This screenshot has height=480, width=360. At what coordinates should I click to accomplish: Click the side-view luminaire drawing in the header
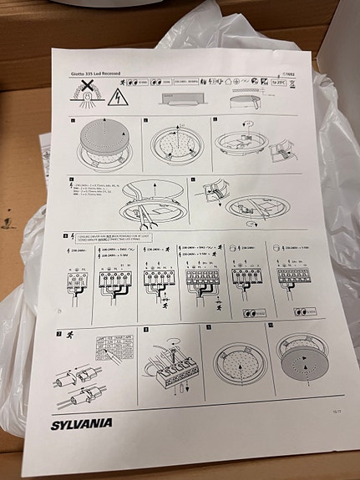click(191, 98)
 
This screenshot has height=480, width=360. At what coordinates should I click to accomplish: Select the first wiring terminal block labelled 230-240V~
click(82, 279)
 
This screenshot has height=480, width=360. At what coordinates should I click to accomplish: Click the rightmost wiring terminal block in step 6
click(306, 279)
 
